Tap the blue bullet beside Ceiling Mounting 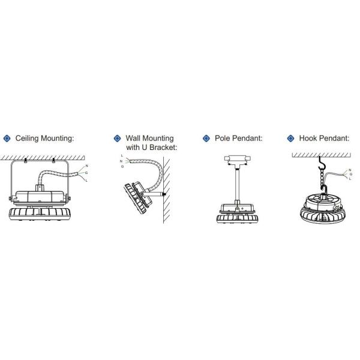point(7,139)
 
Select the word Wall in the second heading point(133,138)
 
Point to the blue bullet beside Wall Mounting point(118,139)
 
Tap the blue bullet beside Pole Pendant point(206,139)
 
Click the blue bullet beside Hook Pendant point(290,139)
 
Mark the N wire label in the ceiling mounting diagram point(86,166)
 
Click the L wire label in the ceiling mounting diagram point(86,181)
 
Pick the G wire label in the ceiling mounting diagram point(86,173)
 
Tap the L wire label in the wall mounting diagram point(122,155)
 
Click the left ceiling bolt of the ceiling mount point(25,160)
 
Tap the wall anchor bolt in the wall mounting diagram point(164,194)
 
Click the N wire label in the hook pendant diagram point(350,170)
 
